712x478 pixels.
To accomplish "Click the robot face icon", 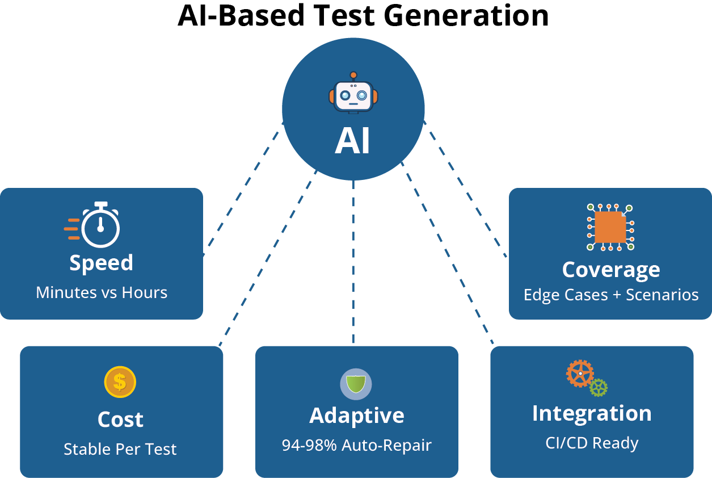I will coord(353,95).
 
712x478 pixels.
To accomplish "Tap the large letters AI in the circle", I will coord(352,141).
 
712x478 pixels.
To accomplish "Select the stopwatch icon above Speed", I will coord(100,225).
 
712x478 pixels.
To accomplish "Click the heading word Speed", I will coord(101,263).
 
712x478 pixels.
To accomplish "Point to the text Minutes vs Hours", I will coord(102,292).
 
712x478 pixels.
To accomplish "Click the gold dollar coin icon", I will coord(120,381).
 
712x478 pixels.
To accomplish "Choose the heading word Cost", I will coord(120,420).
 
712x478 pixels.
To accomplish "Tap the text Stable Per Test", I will coord(120,449).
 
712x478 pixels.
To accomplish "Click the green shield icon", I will coord(356,384).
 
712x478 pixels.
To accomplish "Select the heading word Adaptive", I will coord(357,416).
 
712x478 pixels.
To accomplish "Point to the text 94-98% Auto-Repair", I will coord(357,445).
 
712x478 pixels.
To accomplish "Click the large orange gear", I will coord(580,374).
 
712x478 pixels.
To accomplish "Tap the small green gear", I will coord(599,388).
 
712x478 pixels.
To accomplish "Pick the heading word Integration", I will coord(592,413).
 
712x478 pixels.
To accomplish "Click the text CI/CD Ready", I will coord(592,443).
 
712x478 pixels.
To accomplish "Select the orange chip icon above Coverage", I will coord(610,227).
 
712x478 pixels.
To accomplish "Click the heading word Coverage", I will coord(611,270).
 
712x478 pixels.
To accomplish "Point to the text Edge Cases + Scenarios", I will coord(611,295).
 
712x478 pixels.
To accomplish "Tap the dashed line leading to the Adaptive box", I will coord(353,261).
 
